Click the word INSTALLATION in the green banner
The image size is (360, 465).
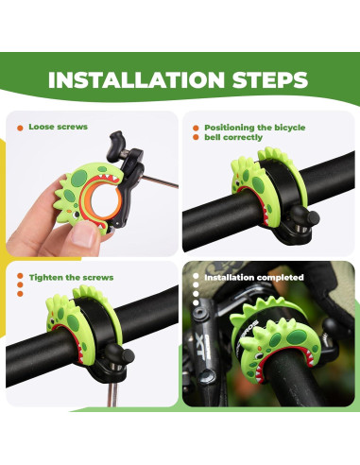[136, 80]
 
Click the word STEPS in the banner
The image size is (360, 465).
[270, 80]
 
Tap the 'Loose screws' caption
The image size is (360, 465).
[58, 127]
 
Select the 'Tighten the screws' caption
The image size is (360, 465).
[71, 278]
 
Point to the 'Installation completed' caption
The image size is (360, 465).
[254, 277]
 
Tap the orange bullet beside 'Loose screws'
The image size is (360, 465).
[20, 128]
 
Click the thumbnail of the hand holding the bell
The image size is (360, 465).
[92, 183]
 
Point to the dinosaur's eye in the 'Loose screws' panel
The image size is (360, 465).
[77, 215]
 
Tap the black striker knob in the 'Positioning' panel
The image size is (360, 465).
[310, 216]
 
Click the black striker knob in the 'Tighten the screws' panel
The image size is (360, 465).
[125, 353]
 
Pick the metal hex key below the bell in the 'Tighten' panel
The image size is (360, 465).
[112, 394]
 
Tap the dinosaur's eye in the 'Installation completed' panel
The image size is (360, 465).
[258, 355]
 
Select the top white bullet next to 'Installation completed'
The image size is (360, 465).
[196, 276]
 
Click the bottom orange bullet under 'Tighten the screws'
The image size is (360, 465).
[20, 294]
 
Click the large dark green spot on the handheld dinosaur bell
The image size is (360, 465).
[78, 178]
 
